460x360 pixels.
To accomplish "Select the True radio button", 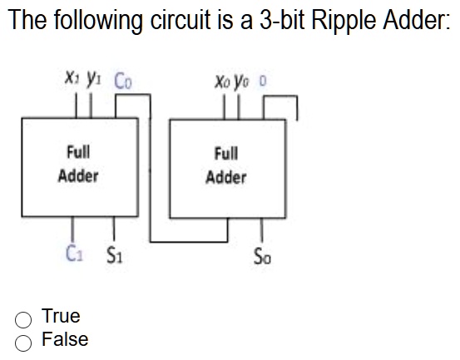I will click(23, 318).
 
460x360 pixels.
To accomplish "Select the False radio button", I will click(23, 340).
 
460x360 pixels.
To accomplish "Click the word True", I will click(61, 317).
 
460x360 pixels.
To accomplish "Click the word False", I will click(64, 339).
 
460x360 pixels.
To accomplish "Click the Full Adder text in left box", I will click(78, 164).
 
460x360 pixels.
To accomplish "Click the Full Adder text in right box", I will click(226, 165).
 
